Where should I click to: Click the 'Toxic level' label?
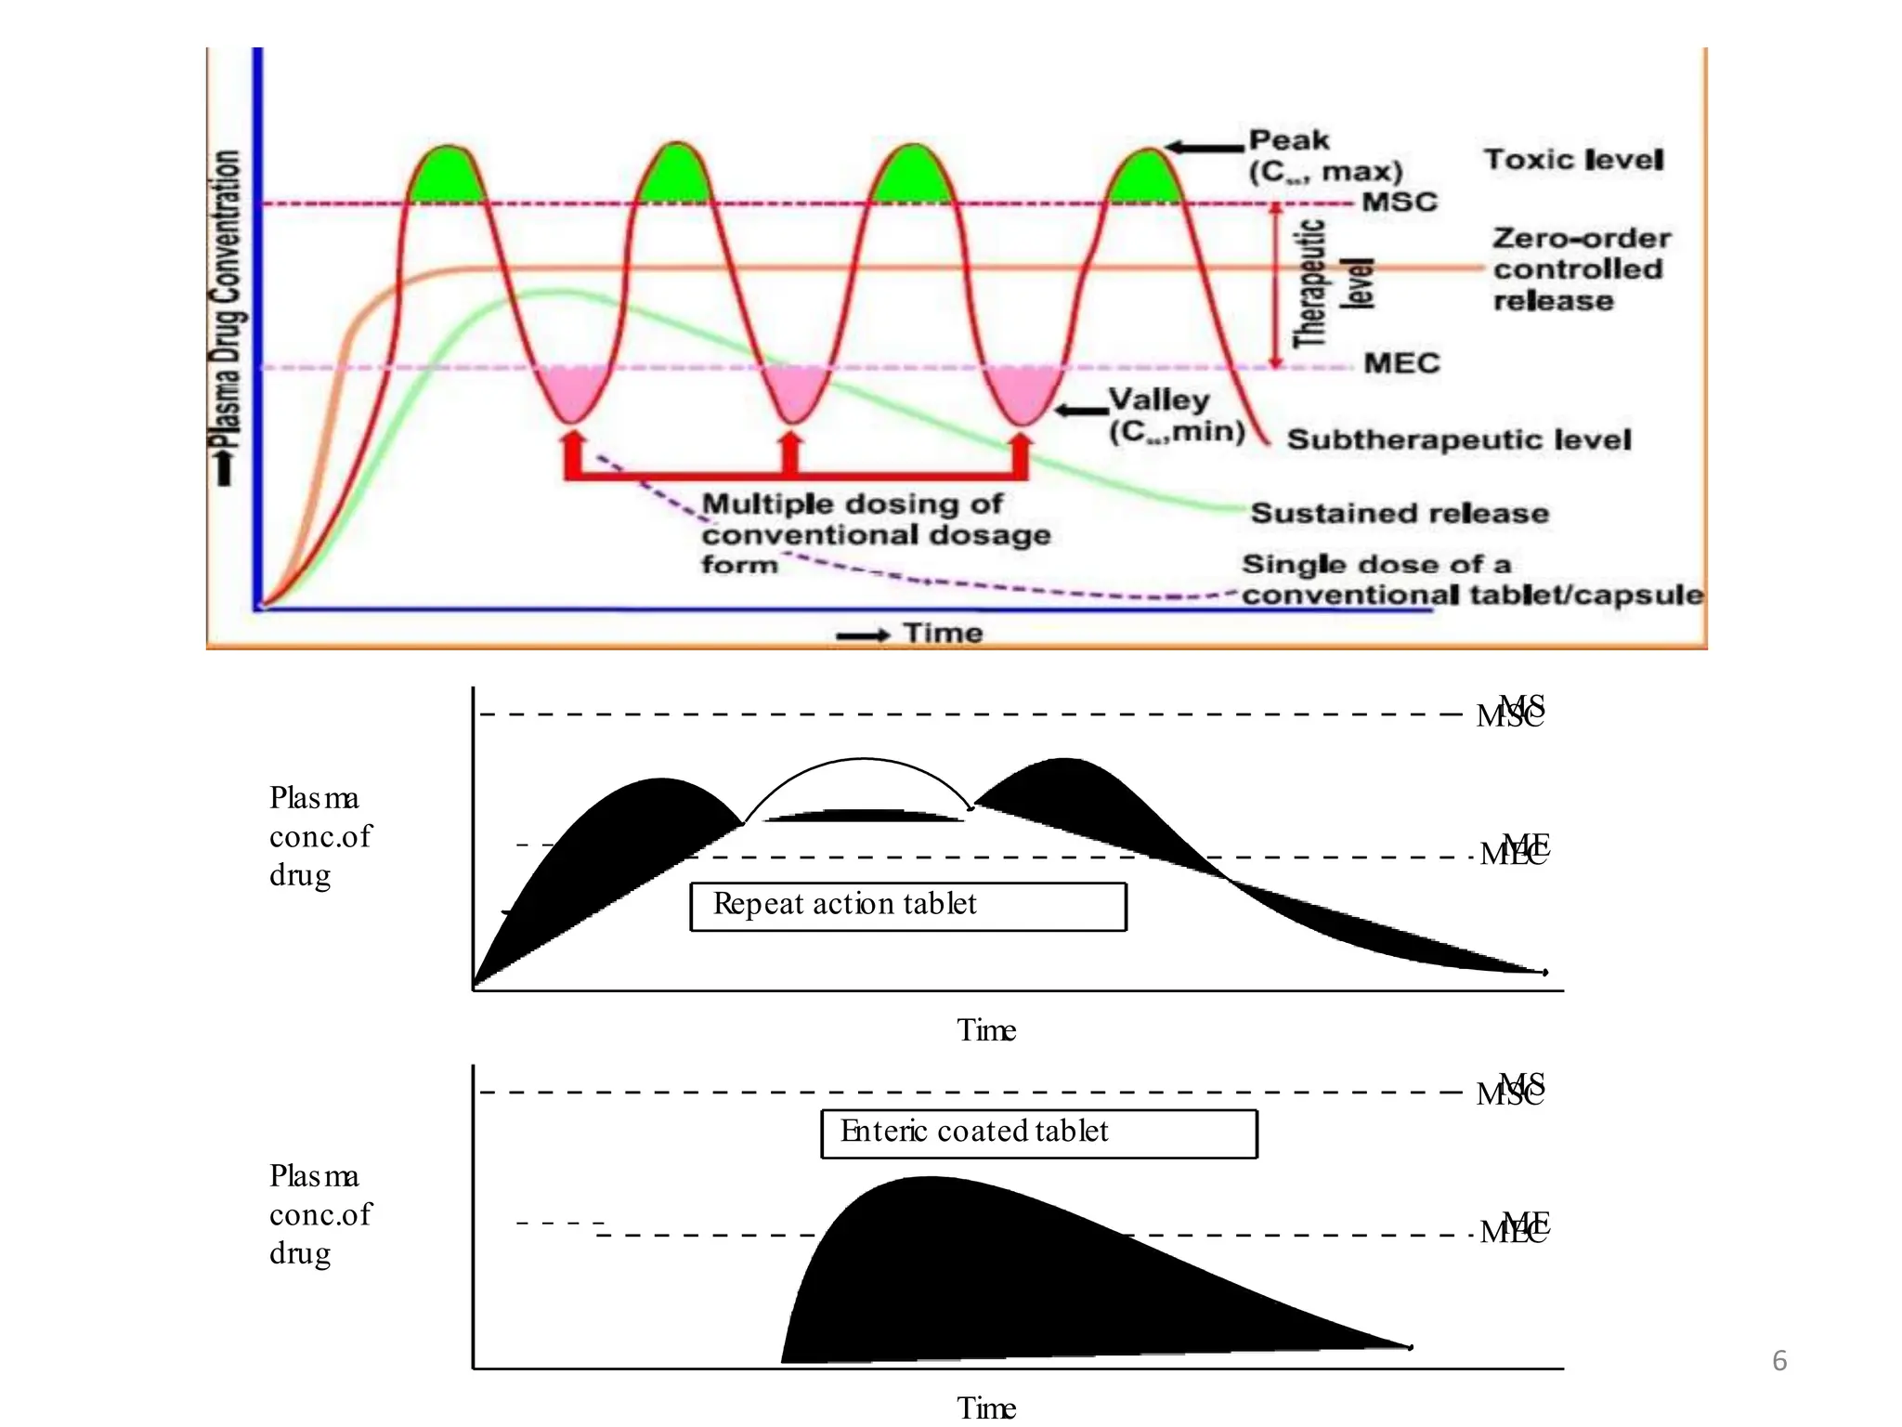(1573, 160)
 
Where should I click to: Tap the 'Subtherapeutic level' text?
(1458, 439)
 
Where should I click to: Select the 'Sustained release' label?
(1400, 513)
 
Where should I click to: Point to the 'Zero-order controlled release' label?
(1582, 269)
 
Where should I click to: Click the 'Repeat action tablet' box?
(907, 906)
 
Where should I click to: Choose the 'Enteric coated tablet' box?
(1038, 1133)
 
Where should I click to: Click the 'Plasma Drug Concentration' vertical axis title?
(227, 307)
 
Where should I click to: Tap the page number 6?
(1779, 1361)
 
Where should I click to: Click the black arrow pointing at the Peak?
(1204, 147)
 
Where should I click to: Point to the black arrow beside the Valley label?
(1081, 410)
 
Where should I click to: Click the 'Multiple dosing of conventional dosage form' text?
(875, 534)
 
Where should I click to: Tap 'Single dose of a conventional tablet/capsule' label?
(1472, 580)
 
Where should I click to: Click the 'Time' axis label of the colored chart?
(943, 634)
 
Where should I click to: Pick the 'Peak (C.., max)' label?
(1323, 156)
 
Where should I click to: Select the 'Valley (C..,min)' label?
(1176, 415)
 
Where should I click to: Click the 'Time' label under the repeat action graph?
(986, 1030)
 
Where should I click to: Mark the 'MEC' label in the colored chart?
(1400, 363)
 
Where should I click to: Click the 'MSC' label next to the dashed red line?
(1399, 202)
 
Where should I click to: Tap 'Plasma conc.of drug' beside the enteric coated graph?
(319, 1214)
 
